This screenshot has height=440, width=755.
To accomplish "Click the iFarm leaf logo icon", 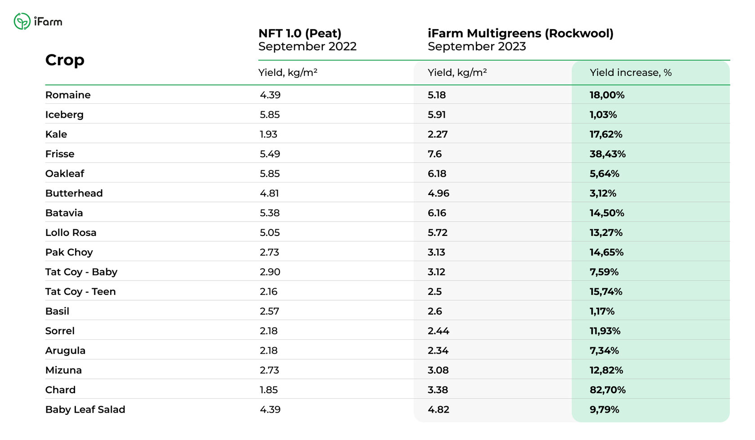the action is tap(22, 21).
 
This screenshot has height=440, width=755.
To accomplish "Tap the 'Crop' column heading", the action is tap(65, 61).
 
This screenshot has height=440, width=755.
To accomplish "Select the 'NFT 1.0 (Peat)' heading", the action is tap(300, 33).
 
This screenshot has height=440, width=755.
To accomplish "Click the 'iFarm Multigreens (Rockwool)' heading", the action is tap(520, 33).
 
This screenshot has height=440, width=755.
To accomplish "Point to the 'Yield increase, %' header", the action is tap(631, 72).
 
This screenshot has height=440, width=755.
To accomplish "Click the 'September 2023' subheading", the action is tap(476, 47).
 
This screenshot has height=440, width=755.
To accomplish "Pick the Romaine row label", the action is tap(68, 95).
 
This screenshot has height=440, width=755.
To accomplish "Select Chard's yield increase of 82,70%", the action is tap(608, 390).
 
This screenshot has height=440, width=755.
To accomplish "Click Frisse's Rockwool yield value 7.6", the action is tap(435, 154).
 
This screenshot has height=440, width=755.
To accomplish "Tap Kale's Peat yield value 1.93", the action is tap(268, 134).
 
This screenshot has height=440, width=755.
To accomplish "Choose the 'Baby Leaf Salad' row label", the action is tap(85, 409).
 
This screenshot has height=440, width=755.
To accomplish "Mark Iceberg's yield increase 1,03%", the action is tap(603, 115).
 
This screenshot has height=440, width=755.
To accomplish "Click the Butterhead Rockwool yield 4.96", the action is tap(439, 193).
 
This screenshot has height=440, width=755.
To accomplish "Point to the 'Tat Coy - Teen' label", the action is tap(80, 292).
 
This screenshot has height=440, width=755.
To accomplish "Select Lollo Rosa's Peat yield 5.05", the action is tap(270, 233).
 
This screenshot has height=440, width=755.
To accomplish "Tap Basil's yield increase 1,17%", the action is tap(602, 311).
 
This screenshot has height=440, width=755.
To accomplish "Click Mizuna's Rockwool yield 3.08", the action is tap(438, 370).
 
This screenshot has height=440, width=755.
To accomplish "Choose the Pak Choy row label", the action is tap(69, 252).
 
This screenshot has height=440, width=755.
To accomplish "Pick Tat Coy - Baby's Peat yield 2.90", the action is tap(270, 272).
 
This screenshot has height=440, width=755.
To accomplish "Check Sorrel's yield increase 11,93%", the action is tap(605, 331).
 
